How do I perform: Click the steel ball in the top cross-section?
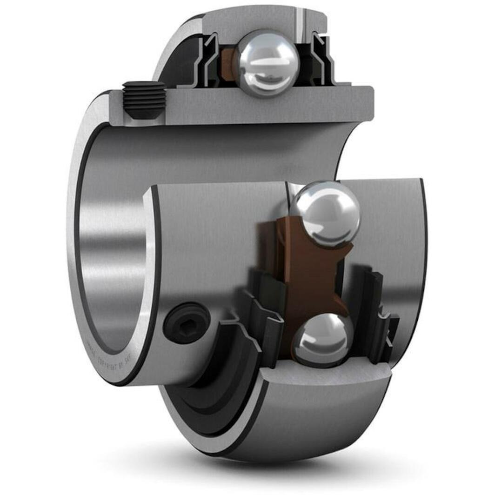pyautogui.click(x=267, y=63)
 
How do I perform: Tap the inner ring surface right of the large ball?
pyautogui.click(x=391, y=233)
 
